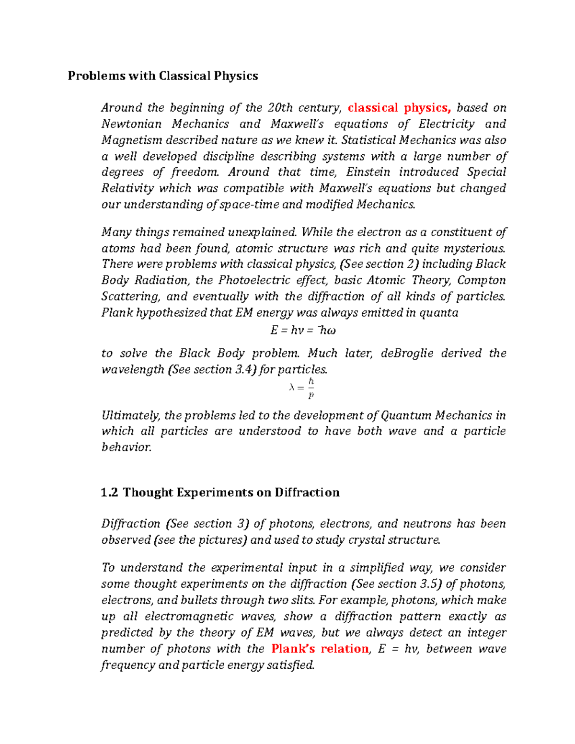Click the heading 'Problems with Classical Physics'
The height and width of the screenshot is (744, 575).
pyautogui.click(x=163, y=76)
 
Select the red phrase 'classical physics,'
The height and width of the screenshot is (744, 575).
pyautogui.click(x=399, y=108)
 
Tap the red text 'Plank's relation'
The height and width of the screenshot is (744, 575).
pyautogui.click(x=320, y=649)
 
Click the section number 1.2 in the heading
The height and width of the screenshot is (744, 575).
pyautogui.click(x=110, y=492)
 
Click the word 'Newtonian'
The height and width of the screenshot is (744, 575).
pyautogui.click(x=131, y=124)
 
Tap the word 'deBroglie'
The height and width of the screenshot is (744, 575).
pyautogui.click(x=407, y=354)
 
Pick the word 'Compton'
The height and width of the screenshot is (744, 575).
pyautogui.click(x=482, y=280)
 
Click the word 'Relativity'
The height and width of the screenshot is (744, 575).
pyautogui.click(x=127, y=188)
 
